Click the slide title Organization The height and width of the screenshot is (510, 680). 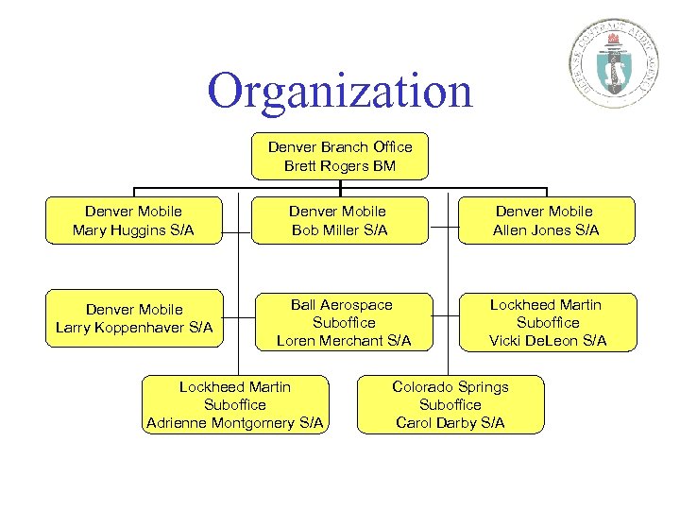pyautogui.click(x=340, y=92)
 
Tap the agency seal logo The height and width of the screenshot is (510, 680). pyautogui.click(x=616, y=59)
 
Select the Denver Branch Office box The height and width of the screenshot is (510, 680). pyautogui.click(x=340, y=156)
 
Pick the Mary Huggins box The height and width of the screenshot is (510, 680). pyautogui.click(x=133, y=220)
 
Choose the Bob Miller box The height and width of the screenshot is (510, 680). pyautogui.click(x=339, y=220)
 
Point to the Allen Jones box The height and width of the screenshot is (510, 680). pyautogui.click(x=545, y=220)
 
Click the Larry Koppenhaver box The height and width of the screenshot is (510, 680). pyautogui.click(x=133, y=318)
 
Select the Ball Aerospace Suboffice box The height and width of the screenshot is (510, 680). pyautogui.click(x=343, y=322)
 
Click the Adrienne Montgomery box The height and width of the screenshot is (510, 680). pyautogui.click(x=234, y=404)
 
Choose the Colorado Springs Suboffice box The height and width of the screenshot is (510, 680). pyautogui.click(x=450, y=404)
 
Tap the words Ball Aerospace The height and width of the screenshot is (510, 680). pyautogui.click(x=342, y=304)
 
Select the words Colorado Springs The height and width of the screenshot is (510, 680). pyautogui.click(x=450, y=386)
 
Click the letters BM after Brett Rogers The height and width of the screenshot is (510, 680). pyautogui.click(x=384, y=166)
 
